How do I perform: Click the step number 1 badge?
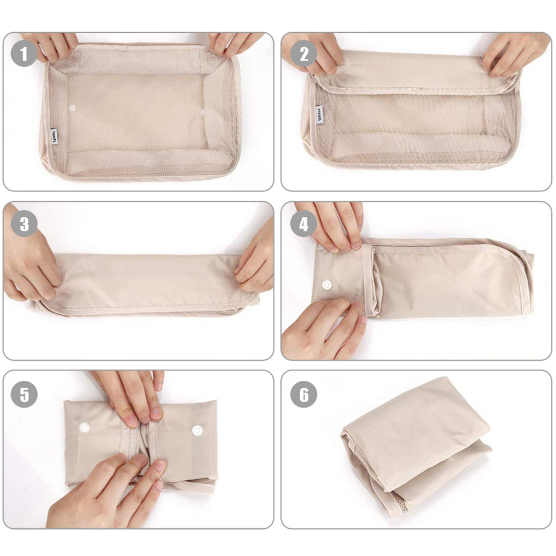[24, 54]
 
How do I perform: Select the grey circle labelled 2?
[304, 54]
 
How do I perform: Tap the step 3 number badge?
[24, 224]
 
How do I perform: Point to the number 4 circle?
[304, 224]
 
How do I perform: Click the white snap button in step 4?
[326, 285]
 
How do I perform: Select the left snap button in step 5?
[85, 427]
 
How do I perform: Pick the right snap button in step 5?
[197, 430]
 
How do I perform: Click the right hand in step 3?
[256, 256]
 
